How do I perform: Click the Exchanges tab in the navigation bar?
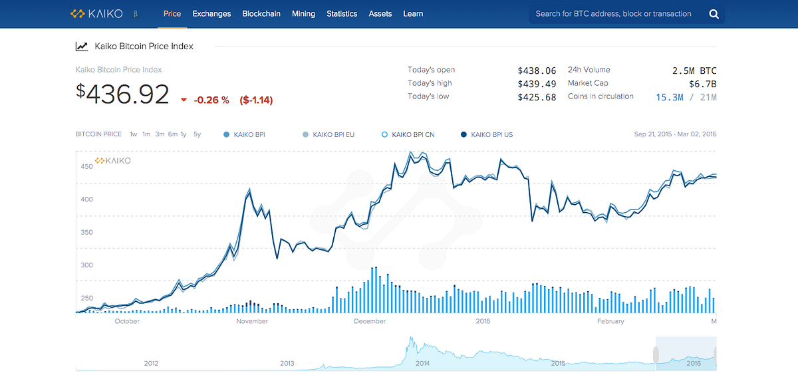coord(211,14)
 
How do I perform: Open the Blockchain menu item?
coord(261,14)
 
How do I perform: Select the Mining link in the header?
coord(303,14)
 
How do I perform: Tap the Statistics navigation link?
coord(342,14)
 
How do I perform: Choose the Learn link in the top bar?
coord(413,14)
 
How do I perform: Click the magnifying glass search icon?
coord(714,14)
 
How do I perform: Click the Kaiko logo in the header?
coord(96,14)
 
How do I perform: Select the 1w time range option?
coord(133,134)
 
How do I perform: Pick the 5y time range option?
coord(197,134)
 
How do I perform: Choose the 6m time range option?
coord(173,134)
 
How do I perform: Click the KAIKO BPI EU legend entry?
coord(329,135)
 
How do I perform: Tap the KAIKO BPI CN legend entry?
coord(408,135)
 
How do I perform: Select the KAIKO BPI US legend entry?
coord(487,135)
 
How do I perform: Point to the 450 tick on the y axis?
coord(86,166)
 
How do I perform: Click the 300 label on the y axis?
coord(86,265)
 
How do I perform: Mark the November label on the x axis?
coord(252,321)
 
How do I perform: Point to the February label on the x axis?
coord(610,321)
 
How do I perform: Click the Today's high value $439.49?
coord(537,84)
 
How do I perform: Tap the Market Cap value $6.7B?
coord(702,84)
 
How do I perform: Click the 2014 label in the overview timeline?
coord(422,364)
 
